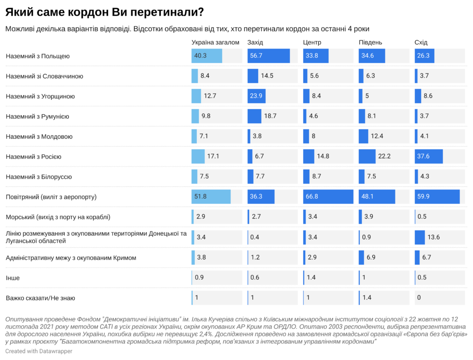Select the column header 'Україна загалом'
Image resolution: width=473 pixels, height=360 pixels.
click(x=215, y=43)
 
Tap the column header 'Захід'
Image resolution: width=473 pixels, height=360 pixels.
click(x=255, y=43)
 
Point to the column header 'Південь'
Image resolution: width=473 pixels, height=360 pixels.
click(x=370, y=43)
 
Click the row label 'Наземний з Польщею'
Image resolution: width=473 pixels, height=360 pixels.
click(x=37, y=56)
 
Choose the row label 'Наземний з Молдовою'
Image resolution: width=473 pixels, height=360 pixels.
click(x=39, y=136)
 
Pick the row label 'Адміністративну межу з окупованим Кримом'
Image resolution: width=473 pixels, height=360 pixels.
click(x=71, y=257)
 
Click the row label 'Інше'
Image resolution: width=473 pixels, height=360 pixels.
click(x=13, y=278)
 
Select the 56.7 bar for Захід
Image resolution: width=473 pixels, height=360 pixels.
click(x=268, y=56)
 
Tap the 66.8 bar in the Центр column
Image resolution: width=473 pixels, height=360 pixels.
click(x=328, y=197)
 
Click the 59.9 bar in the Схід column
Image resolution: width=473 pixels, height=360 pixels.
click(x=437, y=197)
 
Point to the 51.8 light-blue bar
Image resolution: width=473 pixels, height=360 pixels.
click(x=211, y=197)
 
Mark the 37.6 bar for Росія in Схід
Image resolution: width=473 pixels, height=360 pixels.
click(x=429, y=156)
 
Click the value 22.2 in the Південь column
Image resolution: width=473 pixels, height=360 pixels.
click(x=384, y=156)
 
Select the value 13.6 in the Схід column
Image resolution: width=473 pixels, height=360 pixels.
click(x=434, y=237)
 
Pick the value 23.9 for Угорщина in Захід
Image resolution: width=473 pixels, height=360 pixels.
click(x=256, y=96)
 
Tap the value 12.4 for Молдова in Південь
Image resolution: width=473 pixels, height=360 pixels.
click(x=377, y=136)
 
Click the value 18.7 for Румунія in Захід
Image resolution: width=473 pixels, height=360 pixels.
click(x=270, y=116)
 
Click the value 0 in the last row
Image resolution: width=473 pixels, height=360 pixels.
click(x=419, y=298)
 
